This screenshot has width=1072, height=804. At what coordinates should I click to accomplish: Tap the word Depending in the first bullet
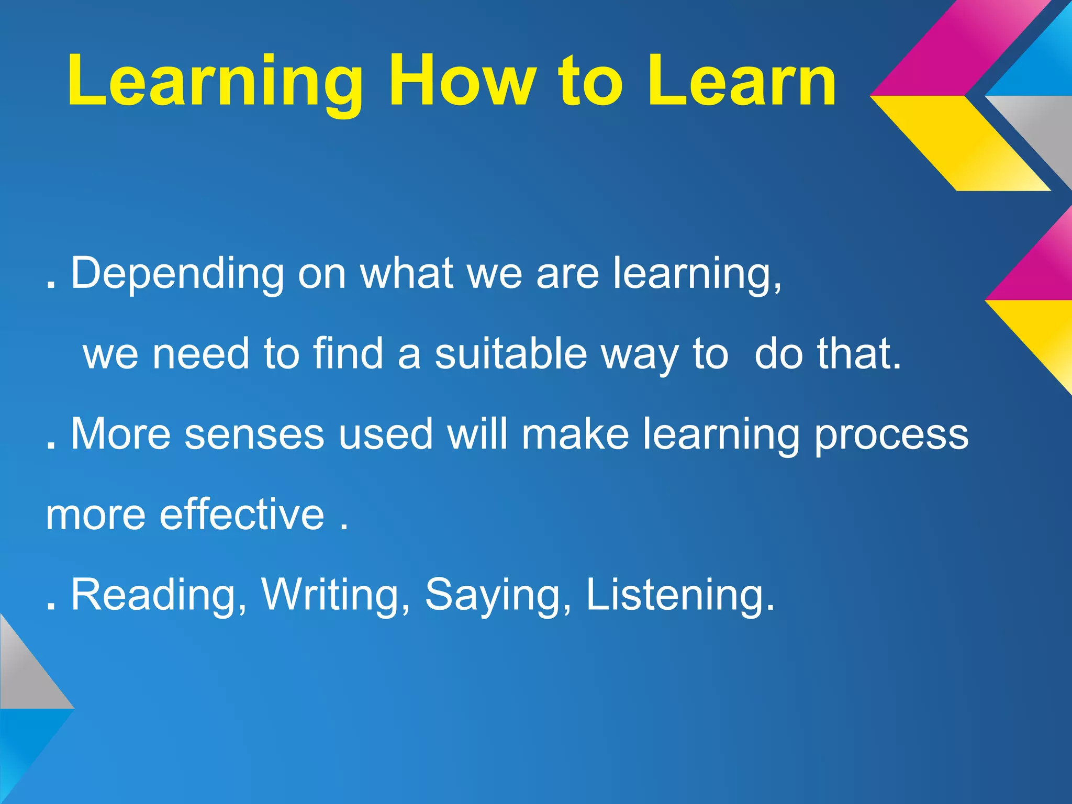[x=177, y=274]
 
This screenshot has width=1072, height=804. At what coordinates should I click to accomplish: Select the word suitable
[x=511, y=353]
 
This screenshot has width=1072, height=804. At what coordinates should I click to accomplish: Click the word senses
[x=254, y=434]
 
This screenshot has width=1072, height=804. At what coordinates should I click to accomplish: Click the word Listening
[x=679, y=595]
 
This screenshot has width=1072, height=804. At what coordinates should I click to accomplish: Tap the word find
[x=348, y=353]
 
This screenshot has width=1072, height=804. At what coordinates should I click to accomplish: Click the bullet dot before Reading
[x=51, y=607]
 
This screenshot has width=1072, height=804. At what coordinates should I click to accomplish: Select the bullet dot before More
[x=51, y=445]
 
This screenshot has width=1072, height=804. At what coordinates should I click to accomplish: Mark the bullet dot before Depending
[x=51, y=285]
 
